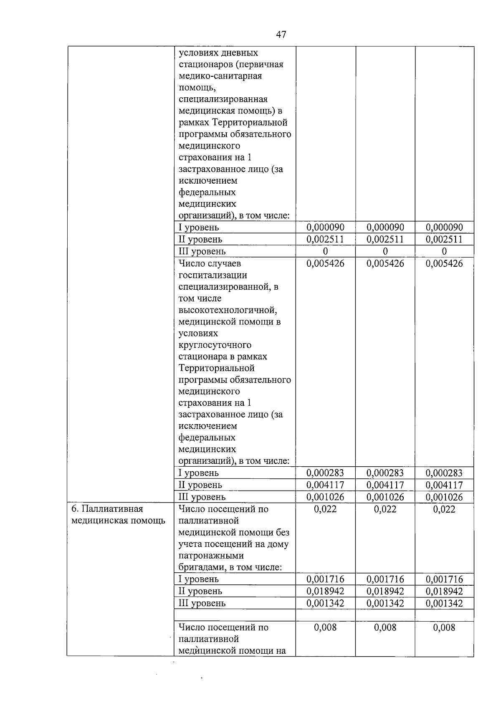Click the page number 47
(x=281, y=35)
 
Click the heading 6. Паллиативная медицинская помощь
(x=118, y=515)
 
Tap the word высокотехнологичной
(x=228, y=310)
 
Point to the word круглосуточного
(x=215, y=345)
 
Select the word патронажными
(x=211, y=556)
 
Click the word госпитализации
(x=213, y=275)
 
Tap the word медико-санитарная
(x=220, y=76)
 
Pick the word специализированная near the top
(x=223, y=99)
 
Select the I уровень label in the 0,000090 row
(x=199, y=228)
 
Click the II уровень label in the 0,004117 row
(x=200, y=485)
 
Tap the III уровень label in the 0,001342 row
(x=202, y=603)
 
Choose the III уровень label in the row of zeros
(x=202, y=251)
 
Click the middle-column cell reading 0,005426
(x=385, y=263)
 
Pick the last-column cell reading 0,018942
(x=444, y=591)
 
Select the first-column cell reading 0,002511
(x=325, y=239)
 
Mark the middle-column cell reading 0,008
(x=385, y=627)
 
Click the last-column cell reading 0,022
(x=444, y=509)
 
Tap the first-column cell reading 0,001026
(x=325, y=497)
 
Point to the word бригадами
(x=200, y=567)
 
